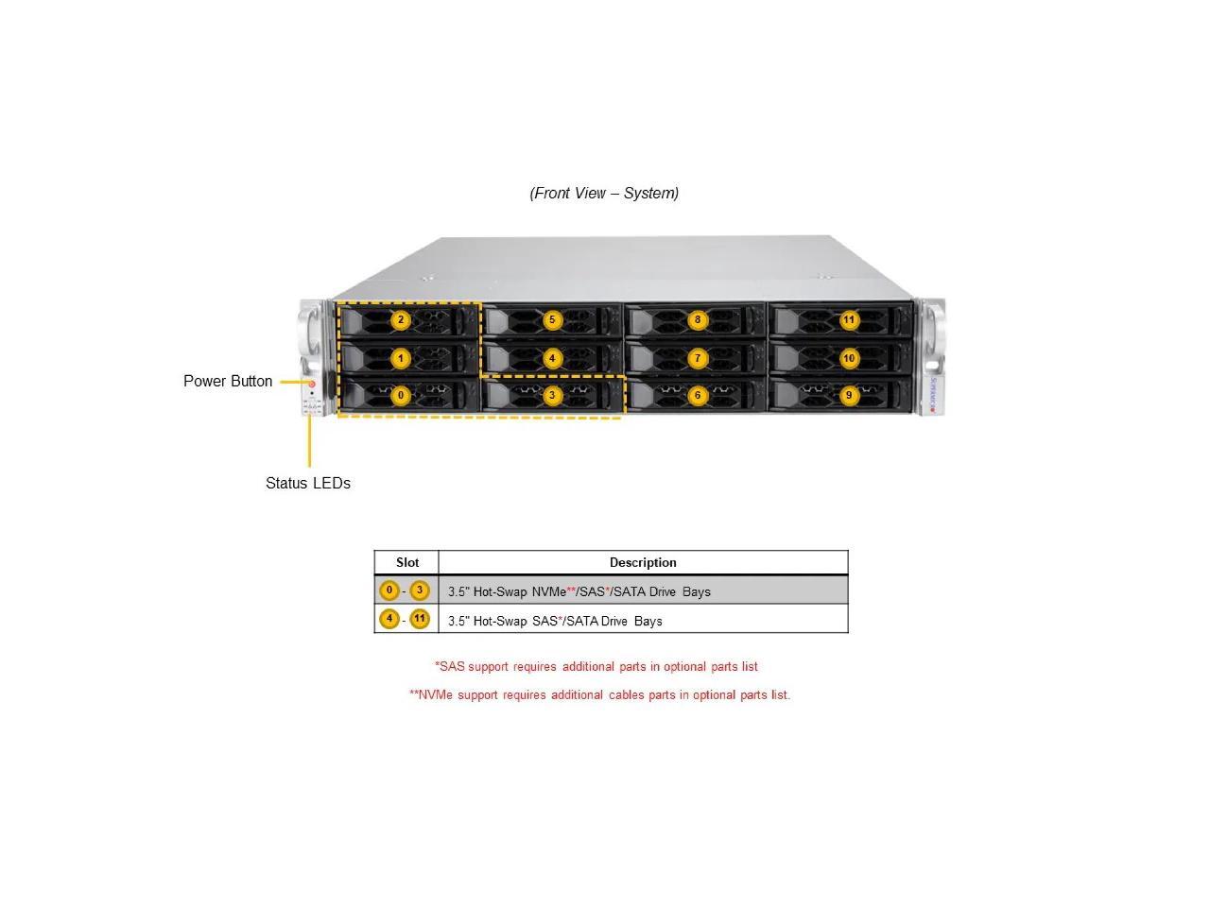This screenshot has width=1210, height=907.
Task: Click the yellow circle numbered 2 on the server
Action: (401, 320)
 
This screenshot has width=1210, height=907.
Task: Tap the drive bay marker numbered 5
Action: (553, 320)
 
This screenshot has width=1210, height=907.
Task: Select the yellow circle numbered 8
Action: (698, 320)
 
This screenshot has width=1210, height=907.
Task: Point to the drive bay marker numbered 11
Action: (849, 320)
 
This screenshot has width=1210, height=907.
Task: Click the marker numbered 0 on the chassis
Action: (401, 396)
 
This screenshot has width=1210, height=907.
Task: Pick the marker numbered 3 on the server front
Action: (553, 396)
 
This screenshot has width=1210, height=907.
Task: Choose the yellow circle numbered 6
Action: (698, 396)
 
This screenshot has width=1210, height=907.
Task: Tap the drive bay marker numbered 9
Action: (849, 396)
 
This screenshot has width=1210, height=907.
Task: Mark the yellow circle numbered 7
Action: (698, 358)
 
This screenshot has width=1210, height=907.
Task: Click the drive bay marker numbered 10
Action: (849, 358)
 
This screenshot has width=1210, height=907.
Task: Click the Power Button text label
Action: (228, 381)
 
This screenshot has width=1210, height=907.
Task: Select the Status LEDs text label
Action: (307, 483)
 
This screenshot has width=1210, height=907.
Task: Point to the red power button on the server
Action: (312, 385)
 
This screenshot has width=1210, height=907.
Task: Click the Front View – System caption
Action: (604, 193)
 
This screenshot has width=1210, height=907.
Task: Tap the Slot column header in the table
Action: (407, 562)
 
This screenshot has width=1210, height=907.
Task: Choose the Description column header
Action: (643, 562)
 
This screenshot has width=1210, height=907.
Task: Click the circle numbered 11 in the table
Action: (420, 620)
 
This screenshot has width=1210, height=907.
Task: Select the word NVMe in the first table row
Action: (548, 591)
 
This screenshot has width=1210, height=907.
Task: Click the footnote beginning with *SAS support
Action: (596, 666)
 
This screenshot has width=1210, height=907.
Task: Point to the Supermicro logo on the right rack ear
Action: (932, 395)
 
